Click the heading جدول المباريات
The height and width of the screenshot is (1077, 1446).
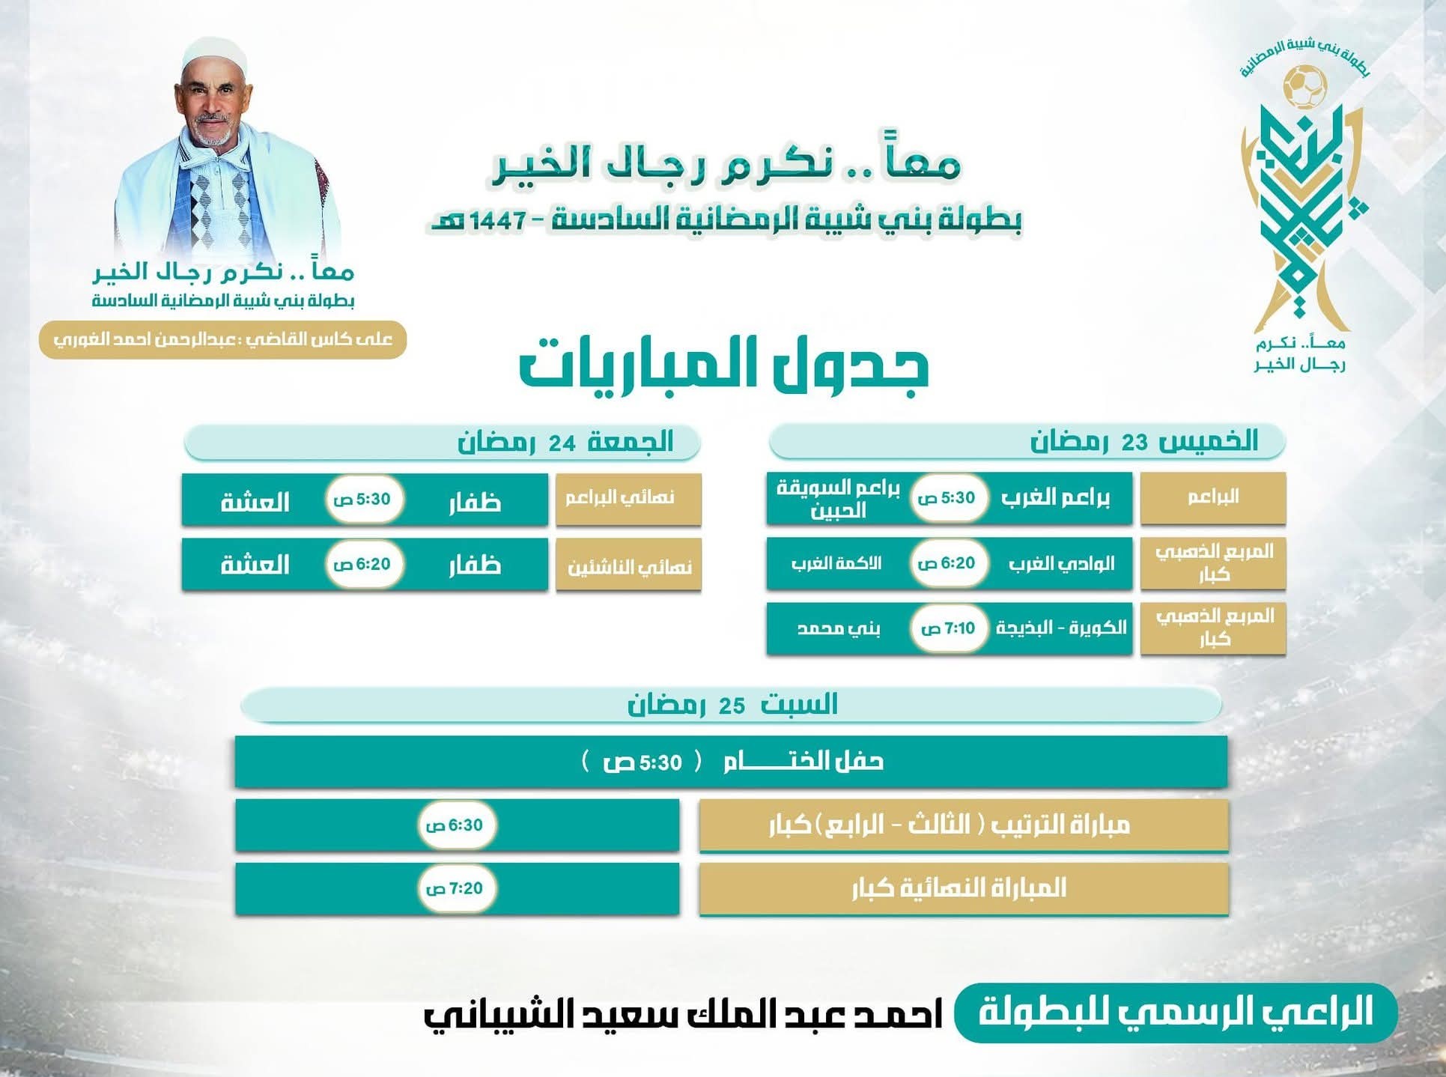click(x=723, y=366)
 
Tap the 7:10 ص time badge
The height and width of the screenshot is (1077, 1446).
click(x=948, y=628)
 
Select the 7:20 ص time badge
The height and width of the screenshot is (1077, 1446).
click(x=455, y=888)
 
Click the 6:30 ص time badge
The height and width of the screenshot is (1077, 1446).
click(x=455, y=825)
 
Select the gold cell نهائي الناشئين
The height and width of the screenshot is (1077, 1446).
click(x=628, y=565)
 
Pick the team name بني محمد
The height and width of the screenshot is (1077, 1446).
click(x=838, y=628)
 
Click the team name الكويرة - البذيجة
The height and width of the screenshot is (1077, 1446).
click(x=1060, y=628)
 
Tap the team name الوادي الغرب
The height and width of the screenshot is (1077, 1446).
click(x=1061, y=563)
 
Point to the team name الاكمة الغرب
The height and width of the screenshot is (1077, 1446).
click(x=836, y=563)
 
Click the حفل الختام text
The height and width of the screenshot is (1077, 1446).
click(x=803, y=762)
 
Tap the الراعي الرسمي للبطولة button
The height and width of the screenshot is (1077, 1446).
click(x=1176, y=1013)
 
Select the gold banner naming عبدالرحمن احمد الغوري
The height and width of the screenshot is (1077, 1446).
click(x=222, y=340)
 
